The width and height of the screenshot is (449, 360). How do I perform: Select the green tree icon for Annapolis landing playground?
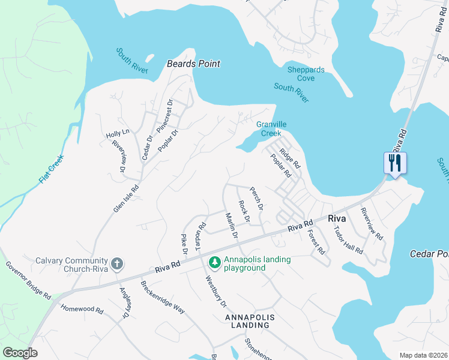(x=214, y=262)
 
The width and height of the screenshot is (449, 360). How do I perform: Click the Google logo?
(x=20, y=353)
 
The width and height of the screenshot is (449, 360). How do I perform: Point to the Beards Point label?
(x=193, y=64)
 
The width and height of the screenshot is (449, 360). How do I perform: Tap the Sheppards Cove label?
(x=306, y=74)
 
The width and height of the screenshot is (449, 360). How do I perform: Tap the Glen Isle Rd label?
(x=126, y=199)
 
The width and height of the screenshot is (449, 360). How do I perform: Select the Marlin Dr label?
(x=231, y=226)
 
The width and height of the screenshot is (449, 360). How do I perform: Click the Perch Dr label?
(x=256, y=198)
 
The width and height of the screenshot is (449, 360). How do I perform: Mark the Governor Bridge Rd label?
(x=28, y=280)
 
